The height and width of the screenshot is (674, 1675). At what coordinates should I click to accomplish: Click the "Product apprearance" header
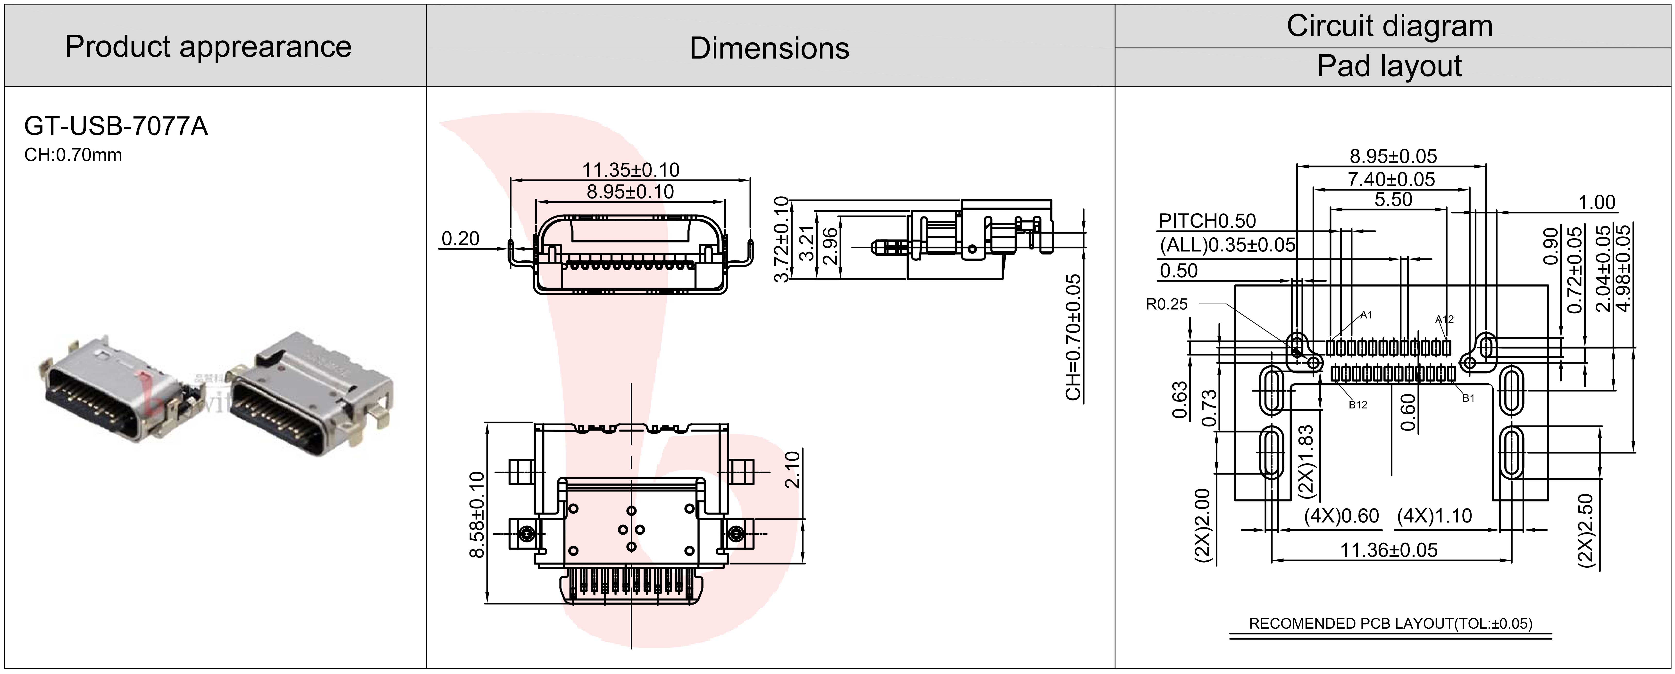208,47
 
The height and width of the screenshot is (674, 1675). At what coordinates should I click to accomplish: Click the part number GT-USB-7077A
116,126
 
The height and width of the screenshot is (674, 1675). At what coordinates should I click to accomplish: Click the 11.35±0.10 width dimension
630,170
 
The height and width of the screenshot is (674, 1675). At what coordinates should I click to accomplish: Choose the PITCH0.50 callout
1207,221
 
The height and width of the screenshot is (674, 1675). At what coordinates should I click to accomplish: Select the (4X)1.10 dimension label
1434,516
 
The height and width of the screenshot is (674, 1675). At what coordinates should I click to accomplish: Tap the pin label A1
1366,315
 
